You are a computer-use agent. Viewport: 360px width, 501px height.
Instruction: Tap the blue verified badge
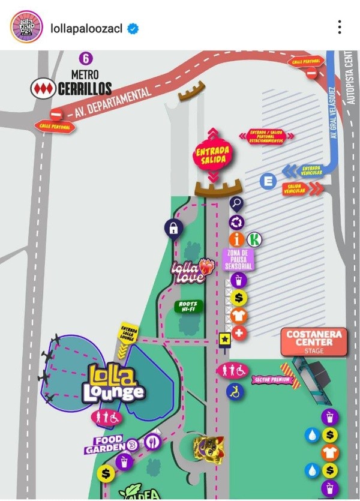[x=133, y=28]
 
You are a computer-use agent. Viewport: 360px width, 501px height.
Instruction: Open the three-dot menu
[x=340, y=27]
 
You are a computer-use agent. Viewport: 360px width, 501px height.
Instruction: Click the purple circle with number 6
[x=87, y=59]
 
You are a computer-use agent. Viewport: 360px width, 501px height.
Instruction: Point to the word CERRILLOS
[x=85, y=89]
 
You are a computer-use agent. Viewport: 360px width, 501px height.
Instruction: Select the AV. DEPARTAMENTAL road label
[x=114, y=103]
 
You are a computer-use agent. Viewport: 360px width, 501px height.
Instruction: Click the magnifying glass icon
[x=236, y=204]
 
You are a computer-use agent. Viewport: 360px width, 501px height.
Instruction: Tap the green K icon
[x=254, y=239]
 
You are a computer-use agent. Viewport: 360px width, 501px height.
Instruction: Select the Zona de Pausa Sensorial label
[x=239, y=259]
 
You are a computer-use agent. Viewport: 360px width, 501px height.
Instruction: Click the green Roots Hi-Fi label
[x=188, y=307]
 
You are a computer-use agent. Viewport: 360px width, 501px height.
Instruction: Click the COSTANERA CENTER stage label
[x=314, y=341]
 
